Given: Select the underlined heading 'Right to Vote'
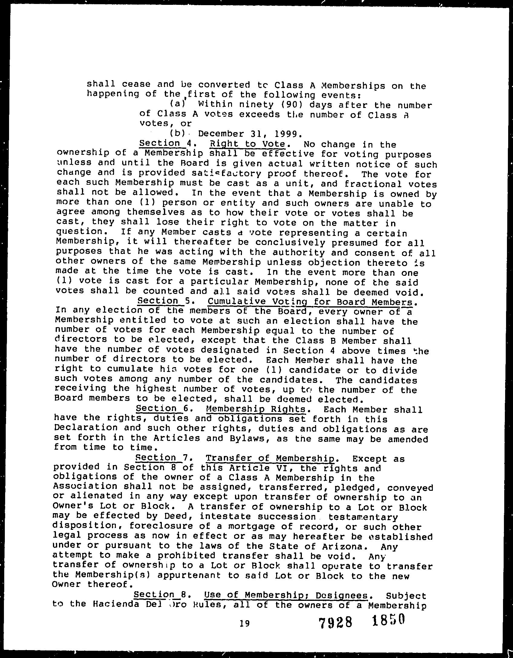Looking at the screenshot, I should point(247,143).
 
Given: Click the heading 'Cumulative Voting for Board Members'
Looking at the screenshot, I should point(310,302).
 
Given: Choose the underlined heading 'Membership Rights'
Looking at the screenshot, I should point(256,409).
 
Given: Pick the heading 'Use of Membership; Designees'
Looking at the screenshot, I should point(286,595).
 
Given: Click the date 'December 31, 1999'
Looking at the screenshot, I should point(249,134).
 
